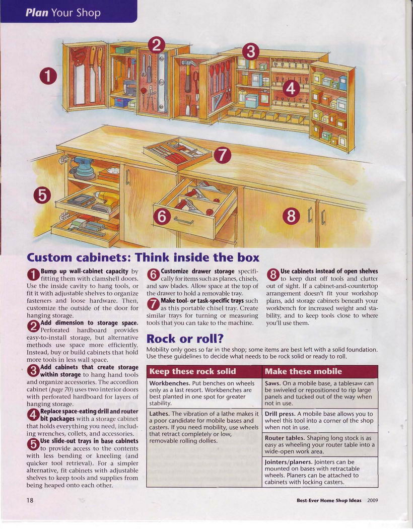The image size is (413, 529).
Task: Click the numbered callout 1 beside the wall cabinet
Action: click(x=48, y=76)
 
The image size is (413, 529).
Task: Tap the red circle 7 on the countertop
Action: click(x=223, y=155)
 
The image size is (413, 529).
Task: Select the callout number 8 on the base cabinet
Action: click(x=291, y=216)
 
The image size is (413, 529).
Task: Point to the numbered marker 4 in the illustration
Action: click(x=291, y=89)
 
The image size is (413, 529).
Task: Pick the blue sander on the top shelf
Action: click(x=83, y=168)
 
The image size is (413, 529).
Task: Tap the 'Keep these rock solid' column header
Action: click(x=192, y=371)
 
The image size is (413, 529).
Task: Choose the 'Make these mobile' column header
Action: click(x=303, y=371)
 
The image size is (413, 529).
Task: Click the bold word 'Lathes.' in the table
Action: click(x=160, y=414)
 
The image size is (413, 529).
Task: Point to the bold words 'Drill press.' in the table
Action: click(x=280, y=414)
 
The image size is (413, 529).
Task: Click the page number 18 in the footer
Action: click(x=30, y=500)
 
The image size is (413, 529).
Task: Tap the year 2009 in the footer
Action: click(x=372, y=500)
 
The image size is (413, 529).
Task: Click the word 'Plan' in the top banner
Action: click(x=37, y=13)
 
